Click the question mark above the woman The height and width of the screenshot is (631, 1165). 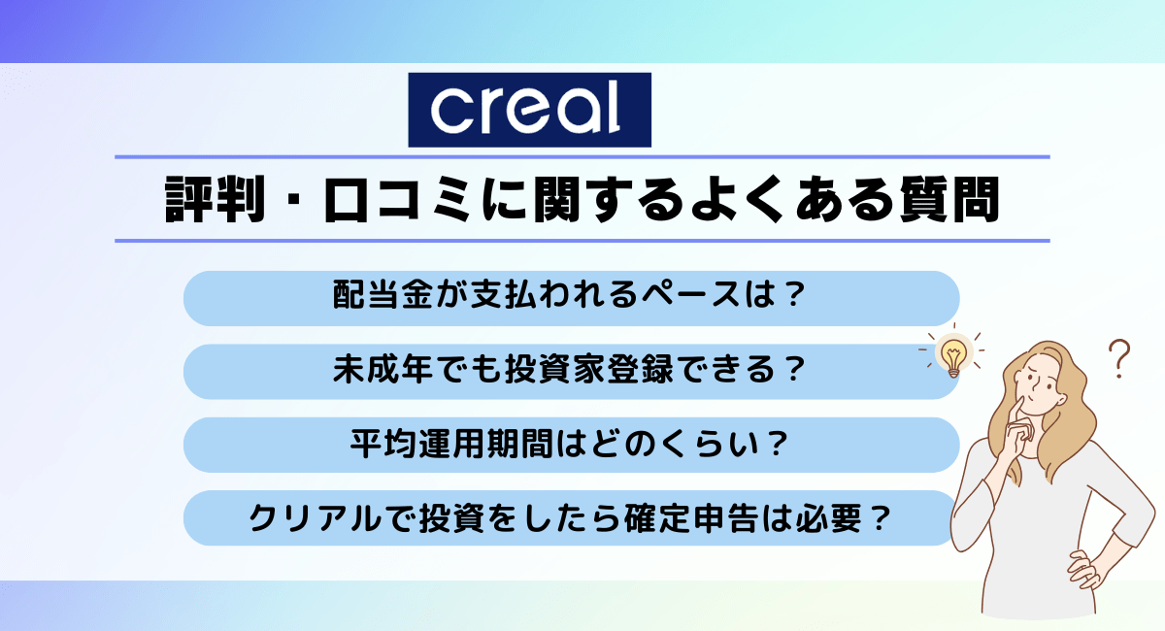pyautogui.click(x=1121, y=357)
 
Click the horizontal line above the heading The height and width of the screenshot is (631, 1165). pyautogui.click(x=582, y=156)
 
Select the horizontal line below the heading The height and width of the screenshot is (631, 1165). pyautogui.click(x=582, y=240)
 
